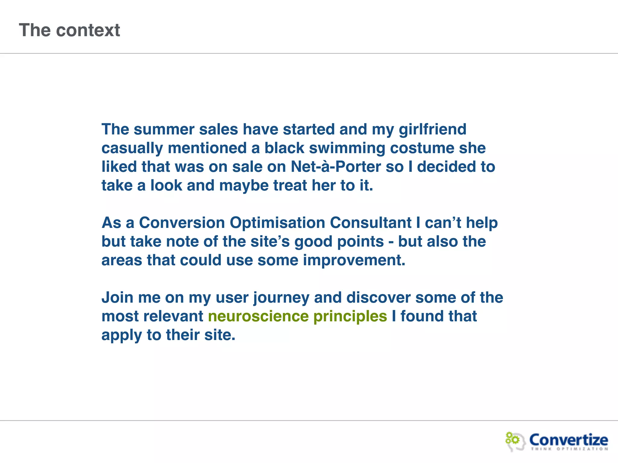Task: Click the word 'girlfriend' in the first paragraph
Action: click(x=432, y=130)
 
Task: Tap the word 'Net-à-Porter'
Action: click(x=336, y=167)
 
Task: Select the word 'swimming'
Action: click(x=347, y=148)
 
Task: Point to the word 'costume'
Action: click(x=422, y=148)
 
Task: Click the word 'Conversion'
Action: click(x=182, y=223)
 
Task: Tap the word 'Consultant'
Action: click(x=371, y=223)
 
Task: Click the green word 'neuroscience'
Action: click(x=258, y=317)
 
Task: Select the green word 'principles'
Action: click(x=350, y=317)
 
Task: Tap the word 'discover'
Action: click(x=378, y=298)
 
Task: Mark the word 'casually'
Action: click(x=132, y=148)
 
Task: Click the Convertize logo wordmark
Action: click(x=569, y=439)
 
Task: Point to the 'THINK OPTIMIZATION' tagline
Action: click(x=569, y=449)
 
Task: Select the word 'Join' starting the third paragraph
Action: click(x=117, y=298)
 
